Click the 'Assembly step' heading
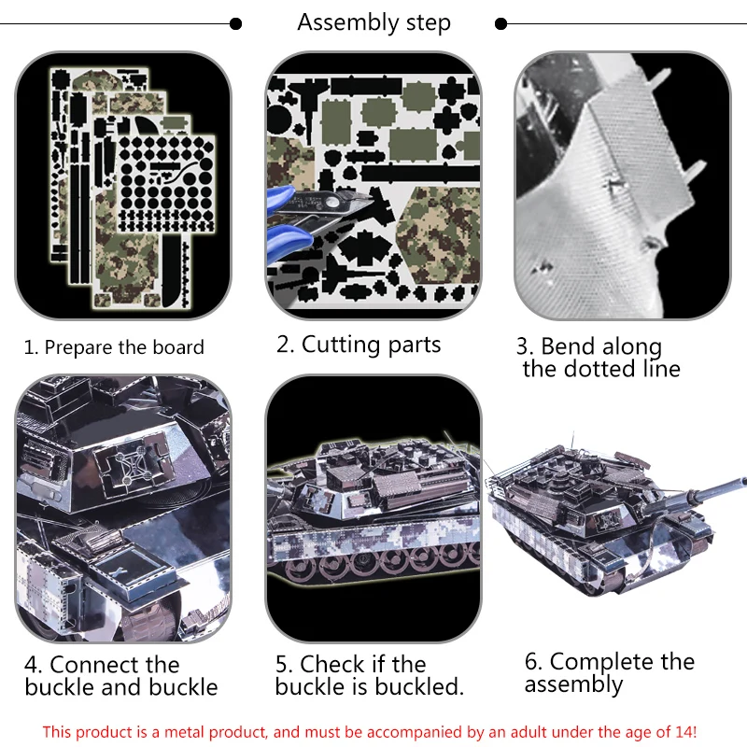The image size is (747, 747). pos(374,22)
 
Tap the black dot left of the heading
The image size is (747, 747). pos(235,24)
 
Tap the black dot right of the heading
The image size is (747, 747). pos(500,24)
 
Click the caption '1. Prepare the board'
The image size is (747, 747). pos(114,347)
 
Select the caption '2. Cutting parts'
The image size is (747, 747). pos(359,345)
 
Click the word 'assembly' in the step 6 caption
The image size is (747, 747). pos(573,685)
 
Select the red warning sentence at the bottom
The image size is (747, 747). pos(370,731)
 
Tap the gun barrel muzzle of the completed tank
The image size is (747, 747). pos(742,482)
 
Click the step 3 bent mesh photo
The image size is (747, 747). pos(622,185)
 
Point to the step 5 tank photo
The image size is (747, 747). pos(373,508)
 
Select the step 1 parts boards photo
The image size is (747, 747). pos(123,185)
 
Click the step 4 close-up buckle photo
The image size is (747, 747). pos(123,508)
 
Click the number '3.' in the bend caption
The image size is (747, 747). pos(526,346)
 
